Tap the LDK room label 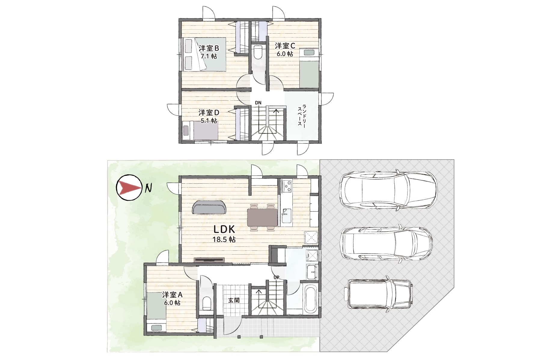tap(224, 229)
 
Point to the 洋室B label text tap(209, 48)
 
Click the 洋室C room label tap(285, 46)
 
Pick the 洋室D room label tap(209, 113)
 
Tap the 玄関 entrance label tap(234, 300)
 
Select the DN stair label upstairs tap(258, 103)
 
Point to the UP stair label tap(276, 277)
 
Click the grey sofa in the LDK tap(209, 207)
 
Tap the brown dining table tap(262, 217)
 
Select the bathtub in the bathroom tap(310, 299)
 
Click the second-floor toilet tap(258, 53)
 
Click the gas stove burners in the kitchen tap(287, 186)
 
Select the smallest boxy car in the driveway tap(380, 294)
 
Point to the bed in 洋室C tap(309, 68)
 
